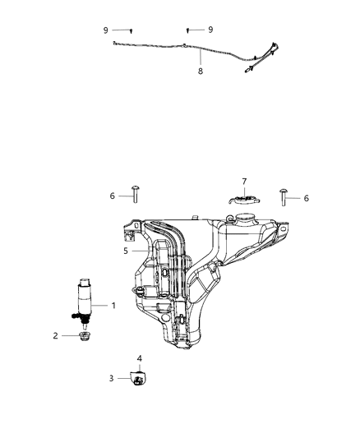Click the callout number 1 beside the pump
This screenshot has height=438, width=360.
113,306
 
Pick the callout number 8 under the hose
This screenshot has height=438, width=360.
200,71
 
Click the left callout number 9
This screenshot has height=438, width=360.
106,30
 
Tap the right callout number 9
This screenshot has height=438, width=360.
210,29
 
